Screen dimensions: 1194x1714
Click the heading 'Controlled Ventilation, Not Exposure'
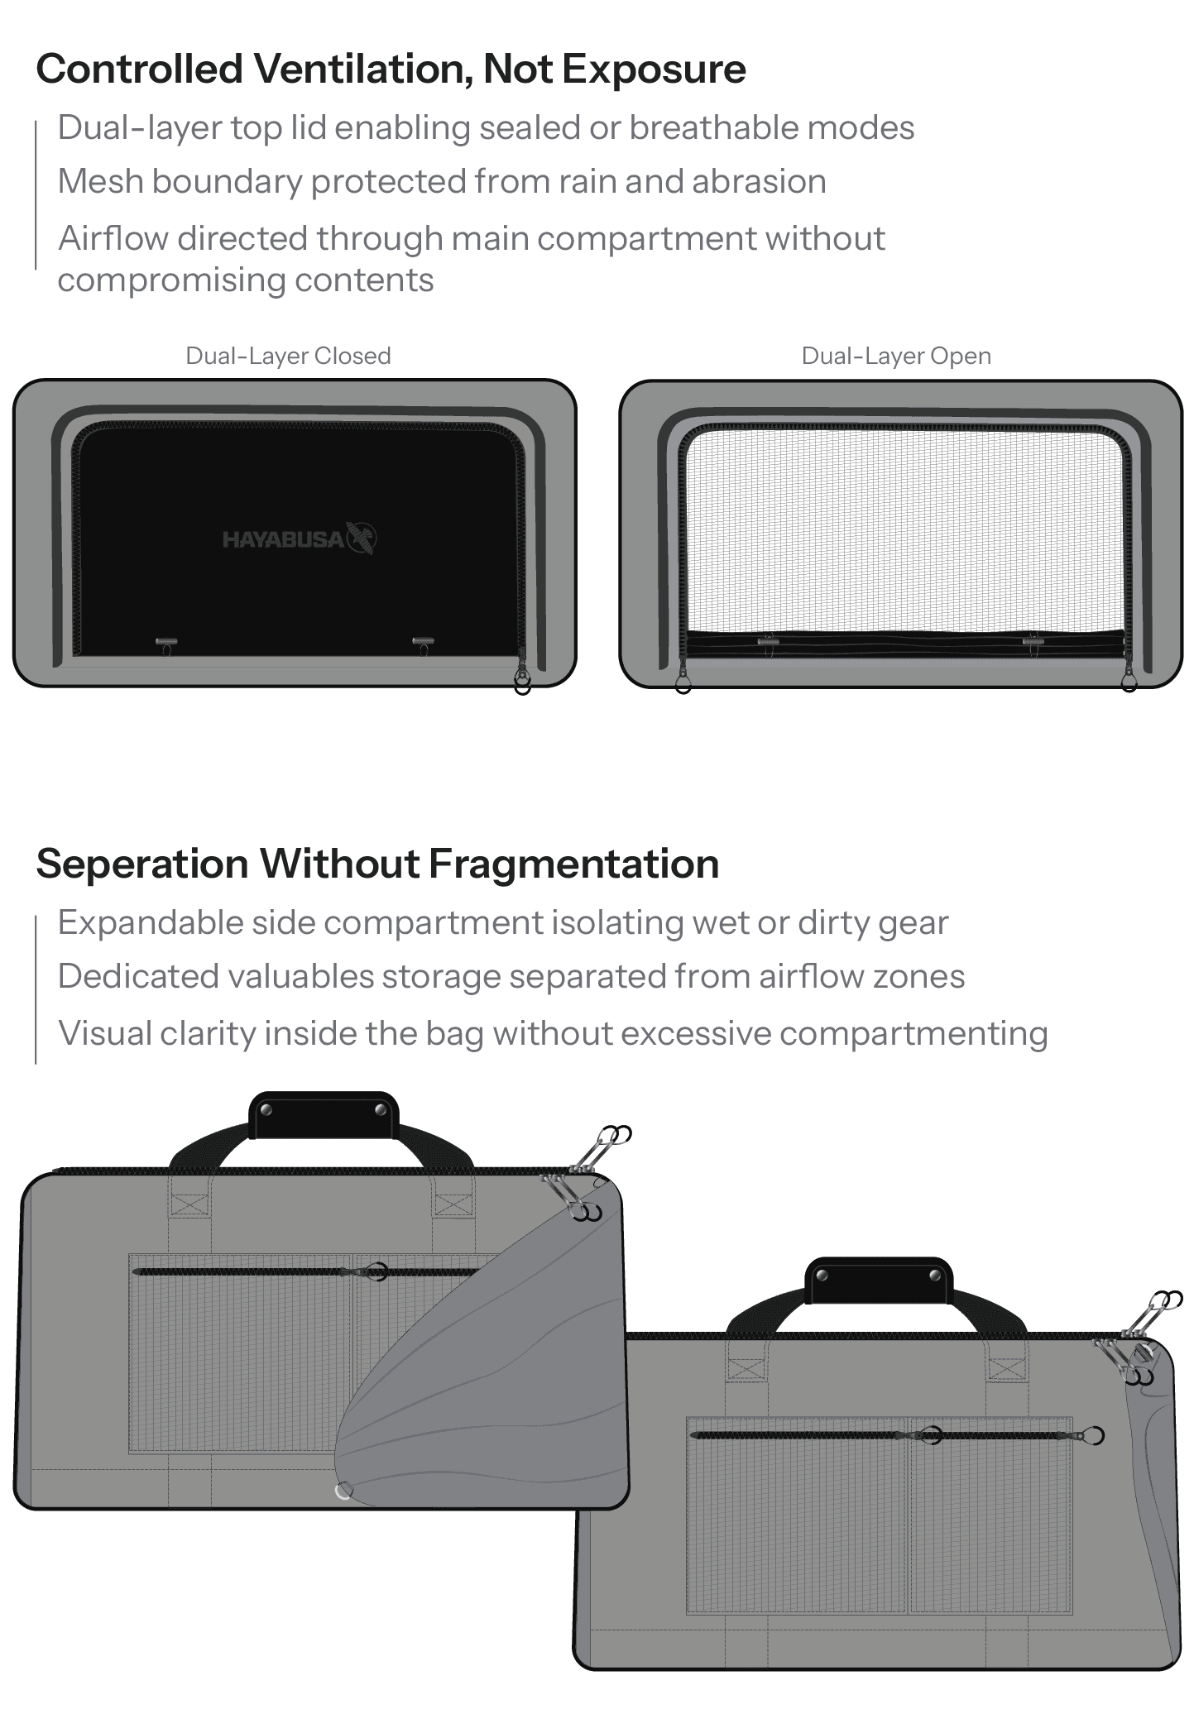[x=391, y=69]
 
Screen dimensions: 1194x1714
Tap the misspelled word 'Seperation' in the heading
[x=142, y=864]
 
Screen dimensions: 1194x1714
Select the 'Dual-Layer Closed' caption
[x=288, y=356]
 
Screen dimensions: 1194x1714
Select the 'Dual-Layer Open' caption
[x=896, y=356]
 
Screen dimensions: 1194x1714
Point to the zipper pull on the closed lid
[x=522, y=680]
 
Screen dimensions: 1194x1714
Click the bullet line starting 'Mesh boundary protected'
[x=442, y=182]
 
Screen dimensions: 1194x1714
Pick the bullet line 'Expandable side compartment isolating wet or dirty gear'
[x=502, y=922]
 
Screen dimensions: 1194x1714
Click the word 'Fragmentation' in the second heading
[x=573, y=864]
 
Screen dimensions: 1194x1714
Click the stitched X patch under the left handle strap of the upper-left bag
[x=189, y=1204]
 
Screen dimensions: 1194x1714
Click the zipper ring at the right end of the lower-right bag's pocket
[x=1095, y=1435]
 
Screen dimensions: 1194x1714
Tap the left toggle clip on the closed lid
[x=166, y=642]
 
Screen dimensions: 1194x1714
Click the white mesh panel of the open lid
[x=902, y=529]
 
